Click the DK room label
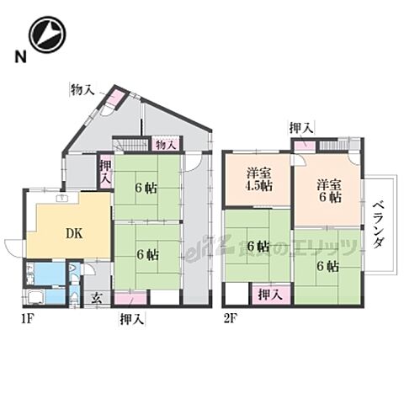click(73, 235)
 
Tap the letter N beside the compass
click(18, 58)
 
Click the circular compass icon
click(47, 36)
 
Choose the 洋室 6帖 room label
click(329, 190)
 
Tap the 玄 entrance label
click(97, 295)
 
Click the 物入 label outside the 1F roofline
click(82, 89)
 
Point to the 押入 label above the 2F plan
click(300, 127)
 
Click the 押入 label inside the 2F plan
click(269, 295)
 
